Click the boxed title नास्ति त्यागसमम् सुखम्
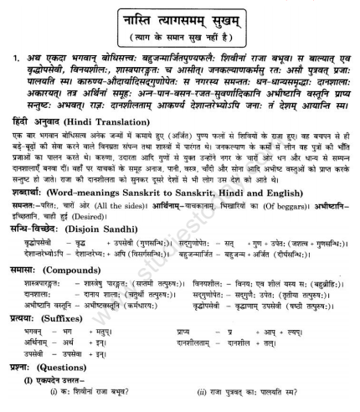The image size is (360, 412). (178, 15)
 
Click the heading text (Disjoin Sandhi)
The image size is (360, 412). (93, 229)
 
